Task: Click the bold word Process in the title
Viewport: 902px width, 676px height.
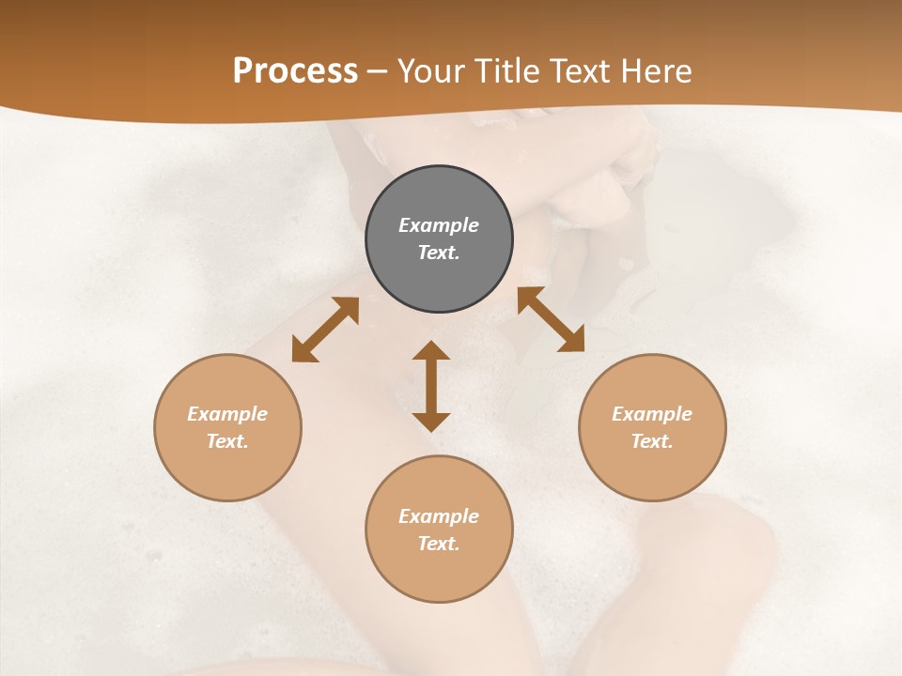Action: [295, 71]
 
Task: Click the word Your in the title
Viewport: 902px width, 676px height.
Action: [431, 71]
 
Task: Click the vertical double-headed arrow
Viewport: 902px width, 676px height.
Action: [431, 386]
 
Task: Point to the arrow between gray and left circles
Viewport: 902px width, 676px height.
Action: [325, 330]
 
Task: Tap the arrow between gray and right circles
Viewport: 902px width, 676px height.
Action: [551, 319]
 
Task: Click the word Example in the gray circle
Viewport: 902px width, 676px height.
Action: [439, 225]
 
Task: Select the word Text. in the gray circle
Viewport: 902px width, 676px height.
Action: [439, 253]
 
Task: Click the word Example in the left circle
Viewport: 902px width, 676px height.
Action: [227, 414]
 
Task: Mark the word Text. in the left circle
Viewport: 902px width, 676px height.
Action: [227, 441]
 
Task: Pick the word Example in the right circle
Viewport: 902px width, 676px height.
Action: [652, 414]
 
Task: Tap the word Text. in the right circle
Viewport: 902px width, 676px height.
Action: [652, 441]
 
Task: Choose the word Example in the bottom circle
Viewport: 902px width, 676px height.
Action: [439, 516]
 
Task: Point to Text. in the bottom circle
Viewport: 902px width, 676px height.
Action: [439, 544]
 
